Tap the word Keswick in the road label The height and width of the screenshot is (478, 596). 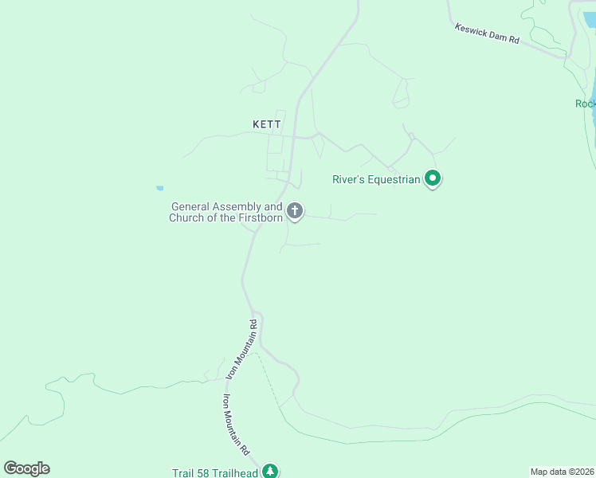point(470,29)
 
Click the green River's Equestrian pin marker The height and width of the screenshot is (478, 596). point(433,178)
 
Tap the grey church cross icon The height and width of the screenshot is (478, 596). point(295,211)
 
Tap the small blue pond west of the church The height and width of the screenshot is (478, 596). point(160,189)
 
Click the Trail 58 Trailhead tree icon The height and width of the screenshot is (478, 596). point(271,472)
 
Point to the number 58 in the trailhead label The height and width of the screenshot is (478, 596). point(204,473)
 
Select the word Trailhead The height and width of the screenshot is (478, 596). point(237,473)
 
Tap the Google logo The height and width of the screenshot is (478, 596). point(26,468)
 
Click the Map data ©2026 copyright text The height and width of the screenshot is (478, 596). point(562,472)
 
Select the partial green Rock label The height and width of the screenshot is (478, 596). point(585,104)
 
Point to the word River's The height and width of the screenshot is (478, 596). point(347,180)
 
